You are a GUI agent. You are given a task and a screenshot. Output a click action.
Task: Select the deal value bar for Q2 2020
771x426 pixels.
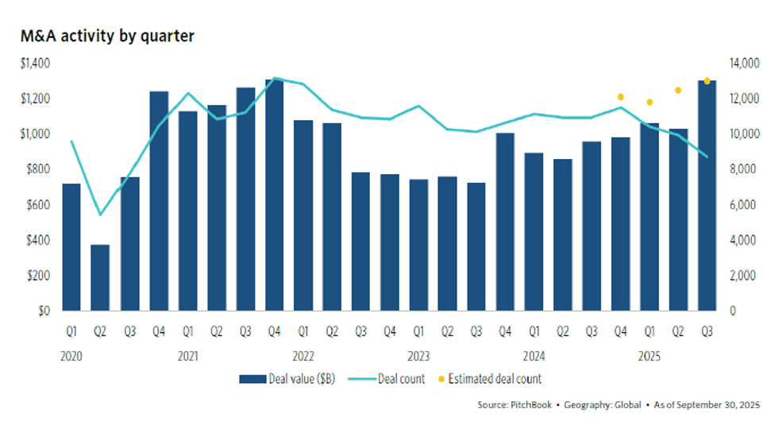(x=100, y=277)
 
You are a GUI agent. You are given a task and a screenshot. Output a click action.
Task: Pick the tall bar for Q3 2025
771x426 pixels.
(x=707, y=196)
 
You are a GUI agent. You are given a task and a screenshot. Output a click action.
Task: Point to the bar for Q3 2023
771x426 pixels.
(x=476, y=246)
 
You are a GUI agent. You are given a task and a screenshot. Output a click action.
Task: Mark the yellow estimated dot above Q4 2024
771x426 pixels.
(x=621, y=97)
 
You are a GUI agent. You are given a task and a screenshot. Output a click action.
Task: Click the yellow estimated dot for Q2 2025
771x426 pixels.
(x=678, y=91)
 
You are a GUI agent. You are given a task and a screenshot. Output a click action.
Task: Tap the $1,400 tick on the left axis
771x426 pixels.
(x=34, y=63)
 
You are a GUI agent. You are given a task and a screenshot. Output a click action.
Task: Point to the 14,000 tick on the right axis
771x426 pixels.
(x=739, y=63)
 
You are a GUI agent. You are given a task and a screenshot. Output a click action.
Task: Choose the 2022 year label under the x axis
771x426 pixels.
(x=303, y=357)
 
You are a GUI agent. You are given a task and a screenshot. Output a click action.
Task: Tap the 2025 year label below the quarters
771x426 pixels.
(x=650, y=357)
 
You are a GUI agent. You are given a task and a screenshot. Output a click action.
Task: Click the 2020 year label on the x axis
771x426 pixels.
(x=71, y=357)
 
